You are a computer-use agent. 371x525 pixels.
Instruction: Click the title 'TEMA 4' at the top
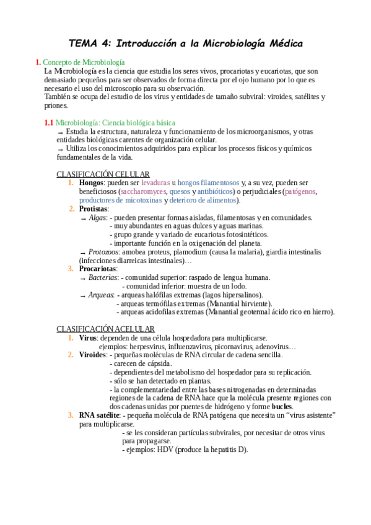[x=89, y=44]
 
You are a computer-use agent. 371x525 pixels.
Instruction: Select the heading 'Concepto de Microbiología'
[x=84, y=63]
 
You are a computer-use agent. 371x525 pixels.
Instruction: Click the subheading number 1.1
[x=49, y=123]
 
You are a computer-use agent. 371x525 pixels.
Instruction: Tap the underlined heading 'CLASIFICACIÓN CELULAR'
[x=103, y=174]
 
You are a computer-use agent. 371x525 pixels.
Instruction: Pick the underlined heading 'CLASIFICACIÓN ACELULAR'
[x=105, y=329]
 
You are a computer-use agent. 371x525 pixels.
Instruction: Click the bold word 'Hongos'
[x=91, y=183]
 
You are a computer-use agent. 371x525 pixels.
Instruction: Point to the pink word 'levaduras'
[x=155, y=183]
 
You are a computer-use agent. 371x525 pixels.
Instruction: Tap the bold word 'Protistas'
[x=93, y=209]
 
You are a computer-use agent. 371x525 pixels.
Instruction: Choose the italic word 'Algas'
[x=97, y=217]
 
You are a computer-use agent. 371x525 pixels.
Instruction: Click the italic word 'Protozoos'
[x=103, y=252]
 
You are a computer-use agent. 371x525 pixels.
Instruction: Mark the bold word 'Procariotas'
[x=98, y=269]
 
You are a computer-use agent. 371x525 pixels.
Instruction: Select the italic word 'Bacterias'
[x=102, y=277]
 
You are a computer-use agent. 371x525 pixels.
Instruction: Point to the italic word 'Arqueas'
[x=101, y=295]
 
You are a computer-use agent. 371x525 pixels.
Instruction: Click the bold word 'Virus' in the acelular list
[x=87, y=338]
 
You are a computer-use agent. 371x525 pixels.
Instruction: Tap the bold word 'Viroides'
[x=93, y=355]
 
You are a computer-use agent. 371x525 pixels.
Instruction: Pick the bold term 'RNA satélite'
[x=99, y=415]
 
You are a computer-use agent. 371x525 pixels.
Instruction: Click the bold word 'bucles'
[x=282, y=406]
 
